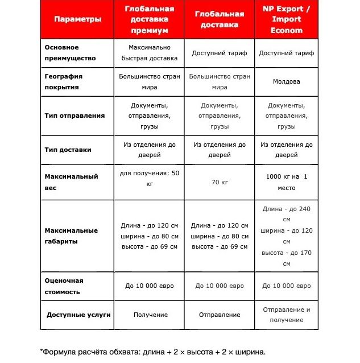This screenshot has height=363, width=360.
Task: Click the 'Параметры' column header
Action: (78, 19)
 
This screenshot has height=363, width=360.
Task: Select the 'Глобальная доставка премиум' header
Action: (150, 19)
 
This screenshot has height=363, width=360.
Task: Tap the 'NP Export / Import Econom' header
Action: (287, 19)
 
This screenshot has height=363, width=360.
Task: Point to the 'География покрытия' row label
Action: (64, 82)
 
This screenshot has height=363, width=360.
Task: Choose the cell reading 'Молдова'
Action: (287, 82)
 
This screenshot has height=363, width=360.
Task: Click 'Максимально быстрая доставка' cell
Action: (150, 53)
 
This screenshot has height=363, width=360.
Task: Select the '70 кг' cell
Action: (220, 182)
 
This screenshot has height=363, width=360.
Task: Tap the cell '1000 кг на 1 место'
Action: (287, 182)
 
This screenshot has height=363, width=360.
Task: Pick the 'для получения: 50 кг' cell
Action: (150, 178)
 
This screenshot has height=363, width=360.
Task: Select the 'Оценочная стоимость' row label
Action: (64, 286)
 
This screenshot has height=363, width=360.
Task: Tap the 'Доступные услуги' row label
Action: (78, 315)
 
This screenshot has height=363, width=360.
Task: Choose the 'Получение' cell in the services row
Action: (150, 315)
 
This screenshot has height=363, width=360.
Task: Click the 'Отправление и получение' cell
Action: (287, 315)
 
